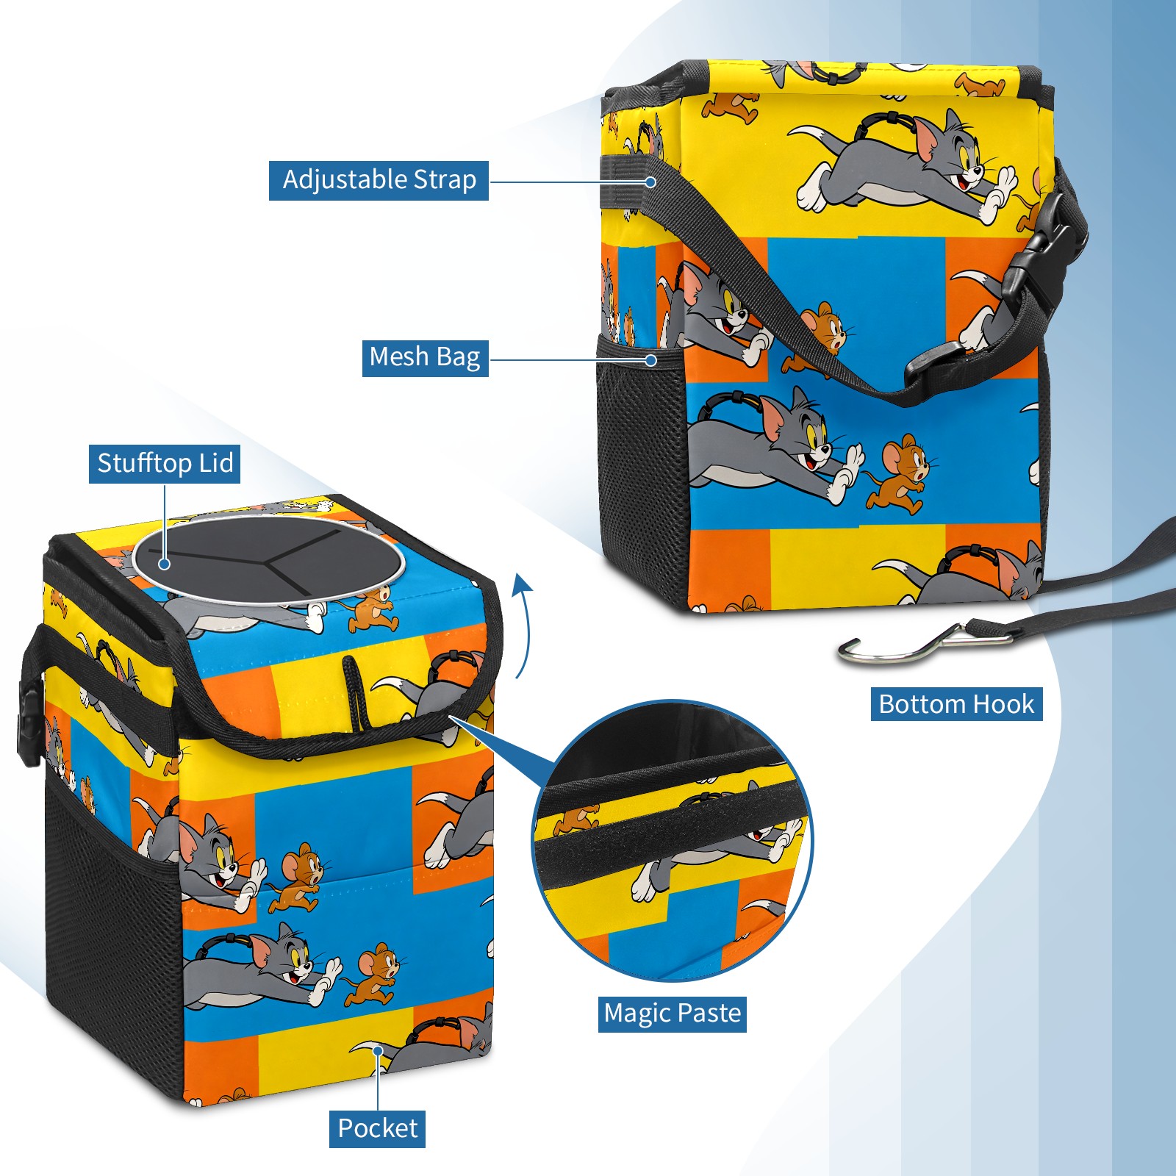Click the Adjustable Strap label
(379, 180)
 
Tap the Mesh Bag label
(425, 357)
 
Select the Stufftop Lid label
(165, 464)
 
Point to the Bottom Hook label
(956, 704)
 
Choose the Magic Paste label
(673, 1014)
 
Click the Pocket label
(377, 1128)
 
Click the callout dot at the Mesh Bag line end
(650, 360)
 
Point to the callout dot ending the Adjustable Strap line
(650, 182)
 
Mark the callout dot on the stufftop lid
(165, 564)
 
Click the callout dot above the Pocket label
(377, 1051)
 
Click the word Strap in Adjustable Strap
(445, 180)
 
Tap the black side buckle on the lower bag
(29, 724)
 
